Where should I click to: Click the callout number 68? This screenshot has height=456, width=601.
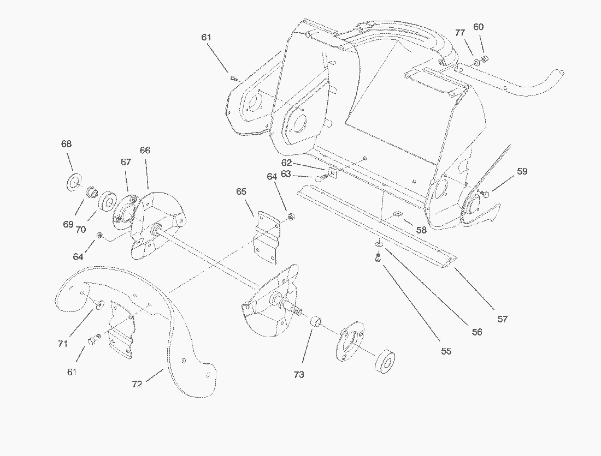point(66,144)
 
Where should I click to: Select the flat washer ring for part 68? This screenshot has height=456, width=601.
point(72,182)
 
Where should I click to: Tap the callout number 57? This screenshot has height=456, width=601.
point(502,319)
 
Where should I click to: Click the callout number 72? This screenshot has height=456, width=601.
point(137,384)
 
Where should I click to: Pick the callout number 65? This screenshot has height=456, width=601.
point(241,191)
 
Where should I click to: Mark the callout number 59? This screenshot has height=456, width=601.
point(522,171)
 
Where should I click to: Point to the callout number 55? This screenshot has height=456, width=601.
point(446,351)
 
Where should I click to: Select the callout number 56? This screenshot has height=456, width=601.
point(477,332)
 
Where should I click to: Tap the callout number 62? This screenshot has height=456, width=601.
point(287,163)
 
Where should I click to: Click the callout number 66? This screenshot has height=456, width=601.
point(145,151)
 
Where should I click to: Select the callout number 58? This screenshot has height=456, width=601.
point(421,230)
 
